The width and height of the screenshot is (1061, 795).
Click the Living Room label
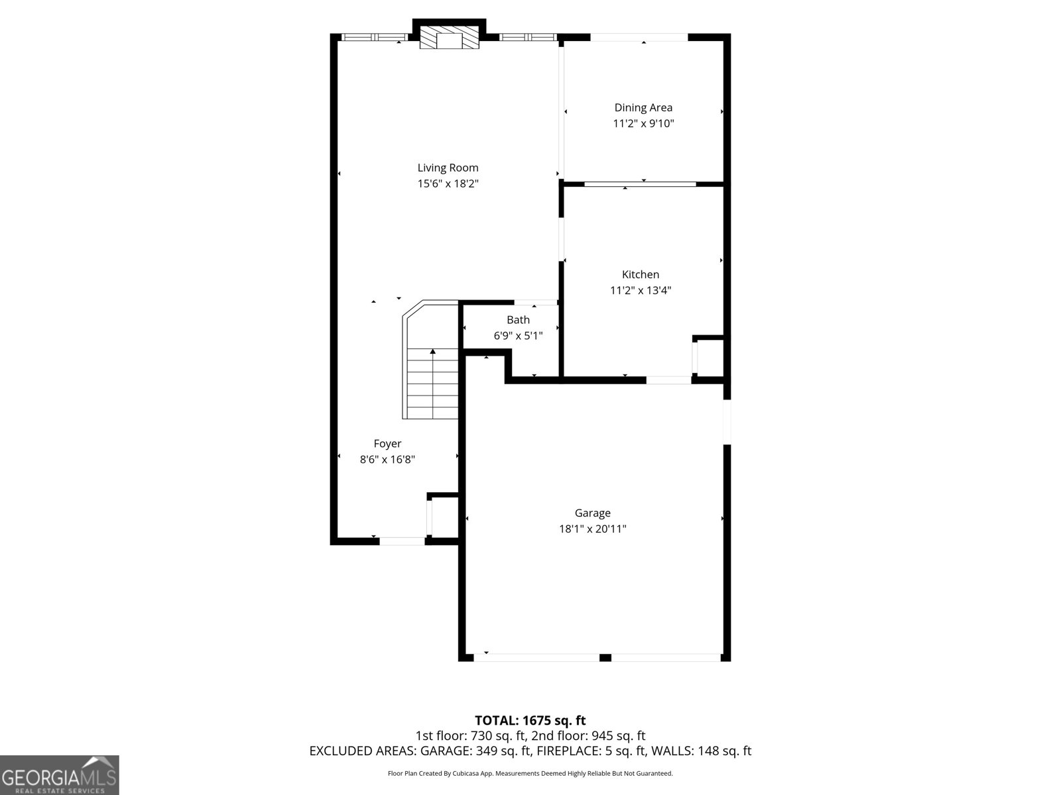(448, 168)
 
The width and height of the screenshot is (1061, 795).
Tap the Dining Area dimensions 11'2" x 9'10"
(643, 123)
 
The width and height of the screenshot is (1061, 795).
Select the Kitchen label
(641, 274)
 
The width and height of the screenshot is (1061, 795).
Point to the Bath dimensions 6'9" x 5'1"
(518, 336)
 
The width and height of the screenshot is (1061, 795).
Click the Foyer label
(387, 444)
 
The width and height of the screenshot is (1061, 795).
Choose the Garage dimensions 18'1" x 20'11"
(592, 529)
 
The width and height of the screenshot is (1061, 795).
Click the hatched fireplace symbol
(450, 38)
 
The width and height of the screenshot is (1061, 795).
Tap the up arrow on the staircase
(433, 352)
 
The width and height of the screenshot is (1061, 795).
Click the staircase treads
(432, 391)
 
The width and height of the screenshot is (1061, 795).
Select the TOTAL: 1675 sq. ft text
(530, 720)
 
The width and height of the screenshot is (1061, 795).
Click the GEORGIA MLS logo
(59, 775)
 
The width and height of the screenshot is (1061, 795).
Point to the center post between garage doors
(605, 657)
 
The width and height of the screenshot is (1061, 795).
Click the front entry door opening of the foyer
(402, 541)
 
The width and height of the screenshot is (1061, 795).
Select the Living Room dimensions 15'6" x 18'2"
(448, 184)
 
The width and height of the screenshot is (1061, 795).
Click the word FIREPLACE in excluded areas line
(568, 751)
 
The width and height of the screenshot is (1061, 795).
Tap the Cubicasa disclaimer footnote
(530, 773)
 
